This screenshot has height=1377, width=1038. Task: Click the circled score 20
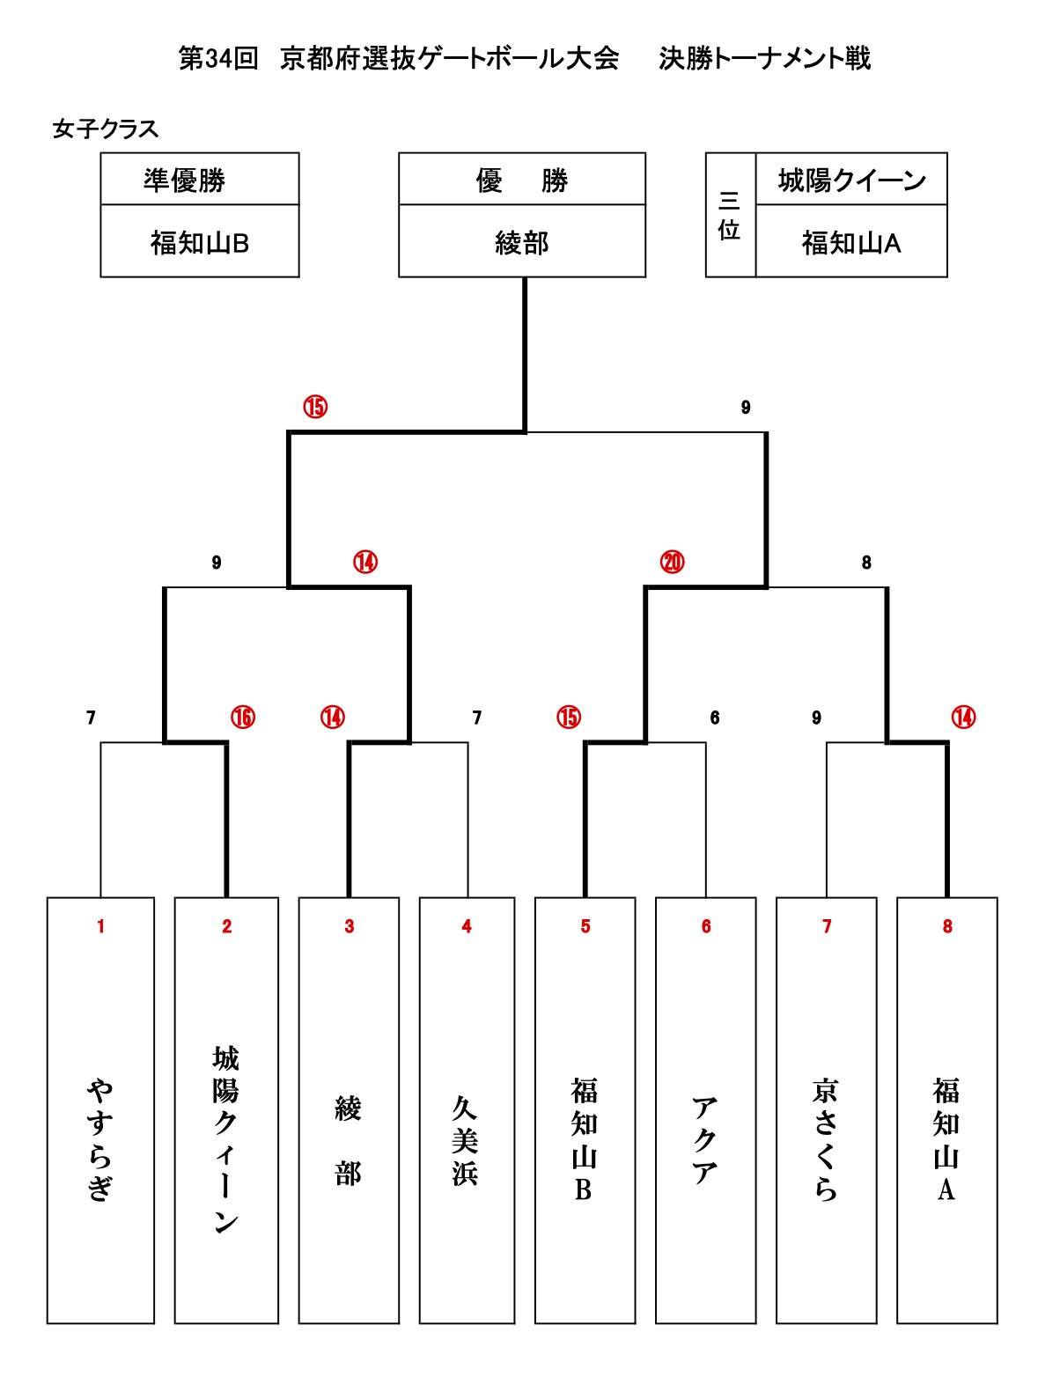pos(672,562)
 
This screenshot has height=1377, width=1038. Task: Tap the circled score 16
pos(243,718)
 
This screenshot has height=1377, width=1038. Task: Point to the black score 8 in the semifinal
pos(866,563)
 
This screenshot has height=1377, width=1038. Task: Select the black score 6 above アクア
pos(715,718)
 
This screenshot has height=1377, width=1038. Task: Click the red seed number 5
pos(585,926)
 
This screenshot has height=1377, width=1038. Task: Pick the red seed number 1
pos(100,926)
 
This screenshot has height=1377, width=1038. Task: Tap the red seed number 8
pos(947,926)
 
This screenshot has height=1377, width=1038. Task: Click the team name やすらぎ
pos(100,1139)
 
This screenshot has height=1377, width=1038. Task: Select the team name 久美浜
pos(466,1140)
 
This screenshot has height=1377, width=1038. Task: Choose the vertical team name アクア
pos(705,1140)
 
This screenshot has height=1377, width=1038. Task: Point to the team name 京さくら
pos(826,1139)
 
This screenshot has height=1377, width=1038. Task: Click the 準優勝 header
pos(185,180)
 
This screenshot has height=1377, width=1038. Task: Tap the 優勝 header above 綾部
pos(522,180)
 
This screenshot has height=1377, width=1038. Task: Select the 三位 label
pos(729,216)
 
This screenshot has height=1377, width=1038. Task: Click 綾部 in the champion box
pos(522,243)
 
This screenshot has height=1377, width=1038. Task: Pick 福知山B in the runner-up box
pos(200,243)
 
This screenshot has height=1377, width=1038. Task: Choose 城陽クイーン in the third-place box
pos(851,180)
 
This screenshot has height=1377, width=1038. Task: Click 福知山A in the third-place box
pos(851,243)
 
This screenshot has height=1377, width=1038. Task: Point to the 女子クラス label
pos(106,129)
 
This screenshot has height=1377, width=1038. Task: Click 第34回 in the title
pos(218,59)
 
